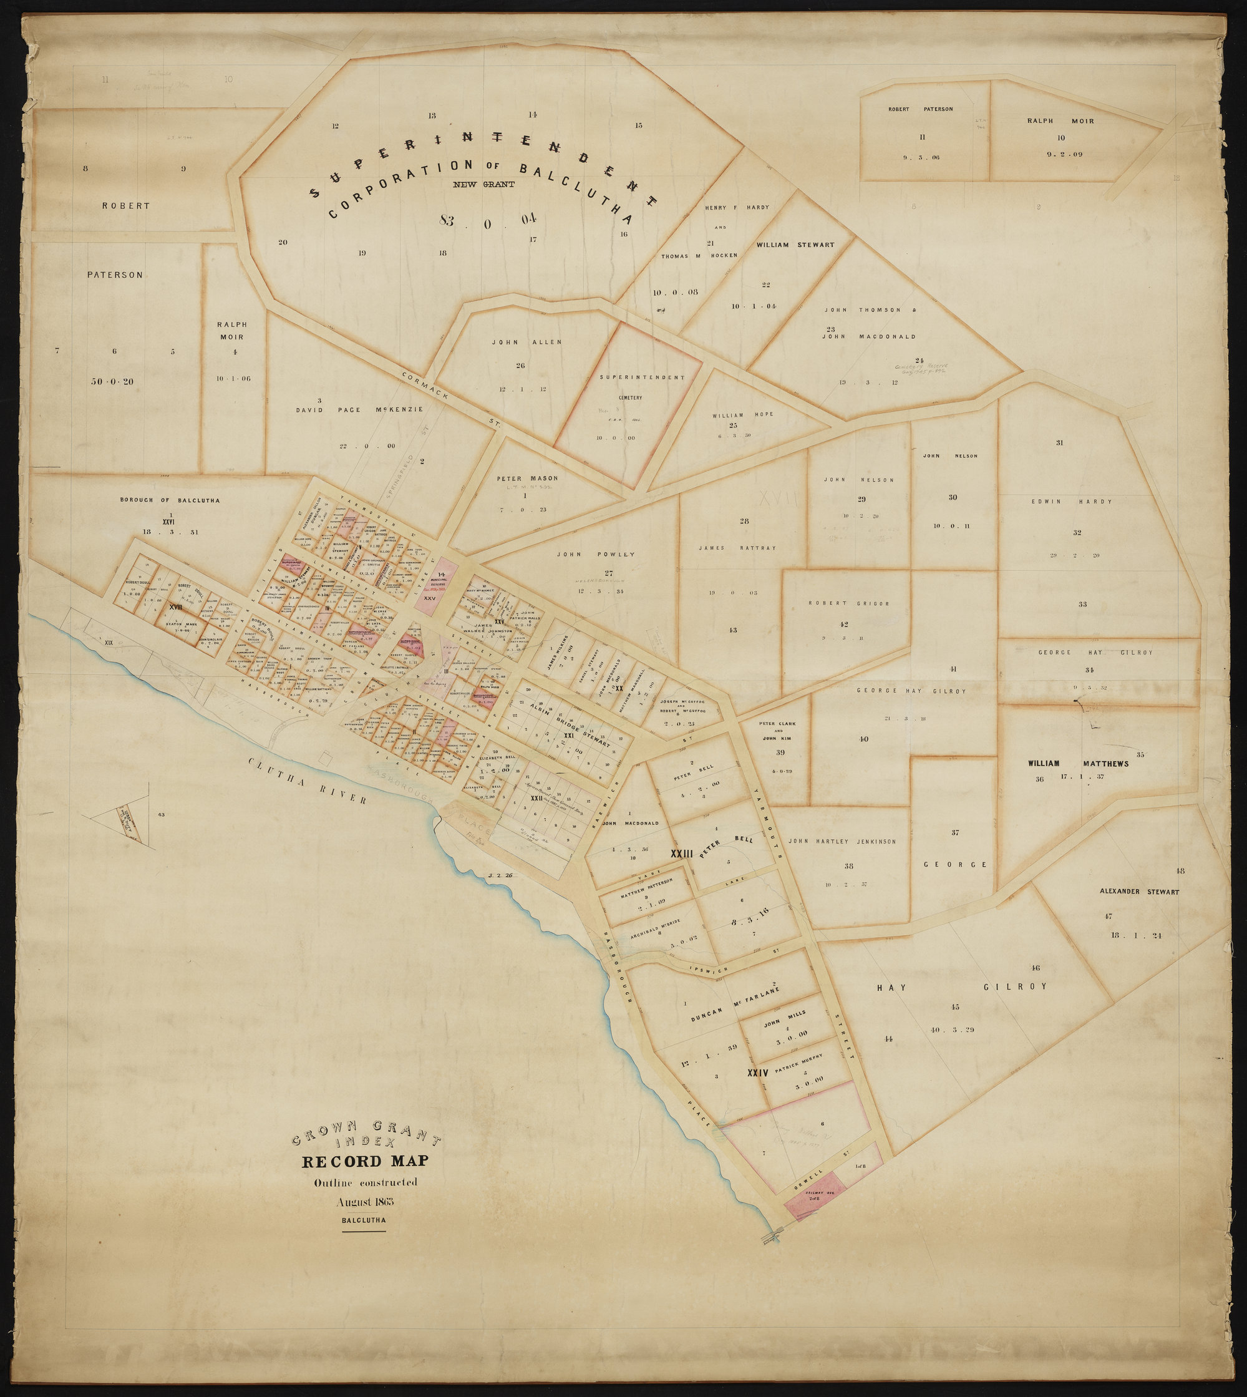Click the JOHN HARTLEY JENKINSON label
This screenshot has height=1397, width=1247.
coord(842,840)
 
